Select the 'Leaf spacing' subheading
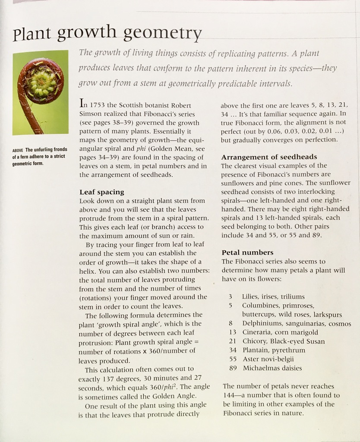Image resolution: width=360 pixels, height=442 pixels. point(101,192)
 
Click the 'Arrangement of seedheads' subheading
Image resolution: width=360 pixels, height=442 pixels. point(269,157)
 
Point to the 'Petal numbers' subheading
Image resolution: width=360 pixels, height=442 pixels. point(247,253)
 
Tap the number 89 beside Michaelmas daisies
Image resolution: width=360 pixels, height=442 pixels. point(233,368)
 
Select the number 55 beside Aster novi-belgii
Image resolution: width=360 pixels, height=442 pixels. point(233,359)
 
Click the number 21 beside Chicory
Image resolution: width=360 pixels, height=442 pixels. point(233,341)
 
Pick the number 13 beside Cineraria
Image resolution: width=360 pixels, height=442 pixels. point(233,332)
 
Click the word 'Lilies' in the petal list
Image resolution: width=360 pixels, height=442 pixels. point(251,297)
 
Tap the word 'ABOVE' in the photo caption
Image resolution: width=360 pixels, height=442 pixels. point(18,150)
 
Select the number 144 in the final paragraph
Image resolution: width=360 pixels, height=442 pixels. point(229,395)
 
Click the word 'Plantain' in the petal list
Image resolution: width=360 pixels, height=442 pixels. point(256,350)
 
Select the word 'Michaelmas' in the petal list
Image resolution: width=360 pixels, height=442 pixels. point(261,368)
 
